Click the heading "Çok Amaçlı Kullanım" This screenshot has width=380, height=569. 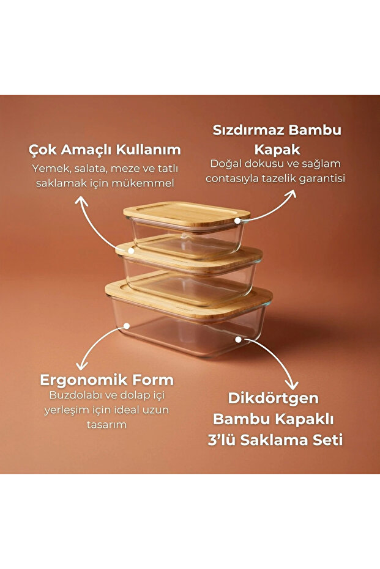[105, 149]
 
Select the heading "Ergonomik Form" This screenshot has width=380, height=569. [107, 380]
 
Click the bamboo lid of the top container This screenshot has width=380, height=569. [187, 213]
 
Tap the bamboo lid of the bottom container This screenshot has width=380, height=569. [190, 293]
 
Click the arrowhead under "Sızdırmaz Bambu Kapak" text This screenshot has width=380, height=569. [292, 194]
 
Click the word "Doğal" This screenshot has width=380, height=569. [225, 164]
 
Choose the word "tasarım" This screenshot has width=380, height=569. [106, 424]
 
